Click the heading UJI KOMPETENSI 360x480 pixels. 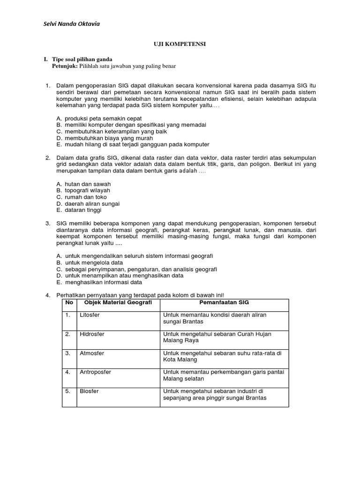pos(180,44)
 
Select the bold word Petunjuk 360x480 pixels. pos(64,67)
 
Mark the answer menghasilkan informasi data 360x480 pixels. pos(103,282)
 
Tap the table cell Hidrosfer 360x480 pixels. pos(92,334)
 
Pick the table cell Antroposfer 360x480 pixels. pos(95,372)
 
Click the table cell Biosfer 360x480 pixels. pos(89,391)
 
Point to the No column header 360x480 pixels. pos(69,303)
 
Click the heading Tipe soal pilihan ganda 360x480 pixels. pos(82,60)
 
